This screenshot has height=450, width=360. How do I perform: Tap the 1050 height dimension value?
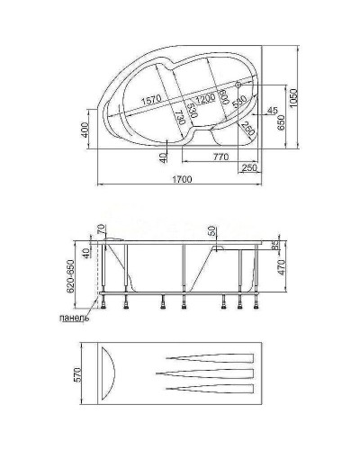[x=308, y=103]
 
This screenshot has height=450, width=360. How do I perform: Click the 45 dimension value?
[x=271, y=111]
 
